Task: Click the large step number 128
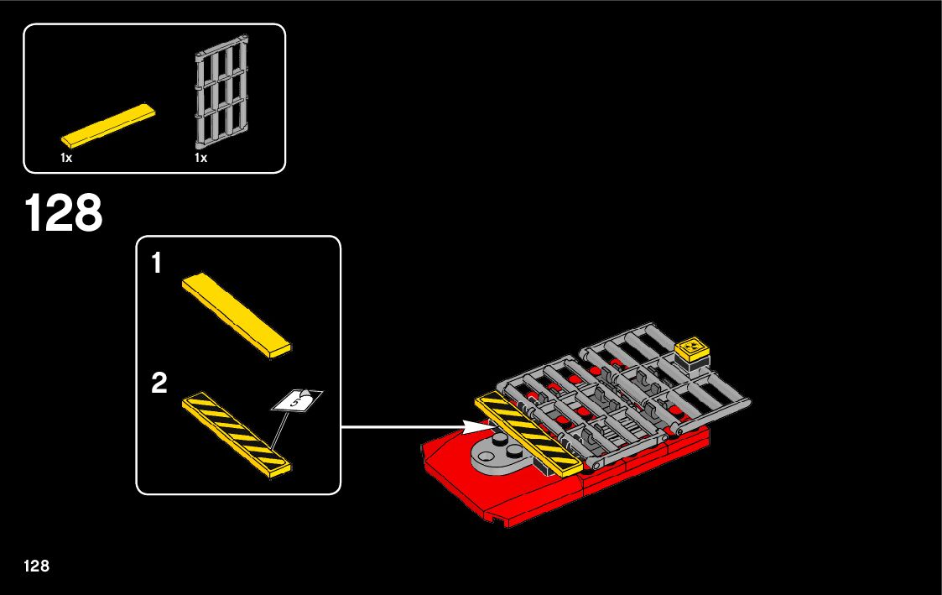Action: tap(65, 214)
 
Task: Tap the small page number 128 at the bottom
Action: tap(37, 566)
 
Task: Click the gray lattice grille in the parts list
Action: tap(223, 95)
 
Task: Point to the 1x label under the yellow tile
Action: tap(66, 158)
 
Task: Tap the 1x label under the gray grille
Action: tap(200, 158)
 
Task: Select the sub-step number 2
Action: tap(159, 384)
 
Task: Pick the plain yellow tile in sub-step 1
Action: tap(236, 316)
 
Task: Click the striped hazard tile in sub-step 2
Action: tap(236, 435)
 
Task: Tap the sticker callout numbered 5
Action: tap(296, 401)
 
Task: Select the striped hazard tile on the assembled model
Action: tap(529, 433)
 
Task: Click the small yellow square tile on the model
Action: tap(693, 346)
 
